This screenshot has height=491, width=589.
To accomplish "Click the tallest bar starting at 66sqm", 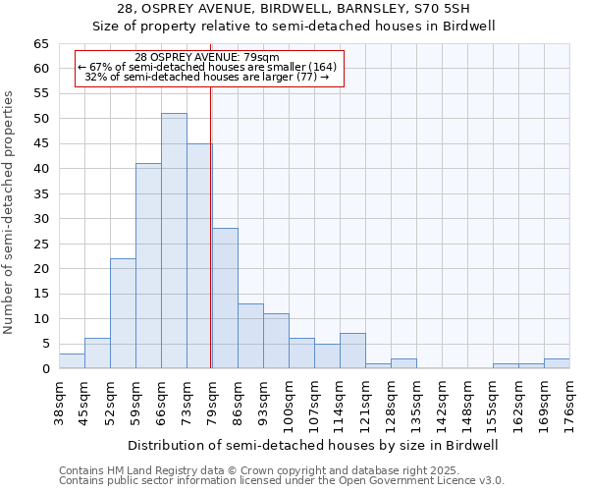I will click(x=174, y=241).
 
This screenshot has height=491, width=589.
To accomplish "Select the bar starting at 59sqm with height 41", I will click(x=148, y=266).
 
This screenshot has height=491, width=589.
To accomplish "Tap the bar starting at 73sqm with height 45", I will click(x=199, y=256).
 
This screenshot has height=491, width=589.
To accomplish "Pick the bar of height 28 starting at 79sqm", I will click(x=225, y=299).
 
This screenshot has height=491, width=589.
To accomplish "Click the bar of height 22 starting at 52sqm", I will click(x=123, y=313).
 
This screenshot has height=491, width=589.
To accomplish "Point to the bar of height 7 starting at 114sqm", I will click(x=352, y=351).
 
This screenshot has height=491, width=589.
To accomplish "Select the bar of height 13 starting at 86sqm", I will click(x=250, y=336).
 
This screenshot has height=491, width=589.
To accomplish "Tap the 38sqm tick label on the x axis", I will click(x=59, y=402).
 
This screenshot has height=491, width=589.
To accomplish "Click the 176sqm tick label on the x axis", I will click(x=569, y=402).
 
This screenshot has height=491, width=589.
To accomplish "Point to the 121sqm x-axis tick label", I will click(x=365, y=402).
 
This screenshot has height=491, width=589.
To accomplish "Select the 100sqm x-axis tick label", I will click(x=289, y=402).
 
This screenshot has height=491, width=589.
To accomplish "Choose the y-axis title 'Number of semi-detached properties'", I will click(x=9, y=211).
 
